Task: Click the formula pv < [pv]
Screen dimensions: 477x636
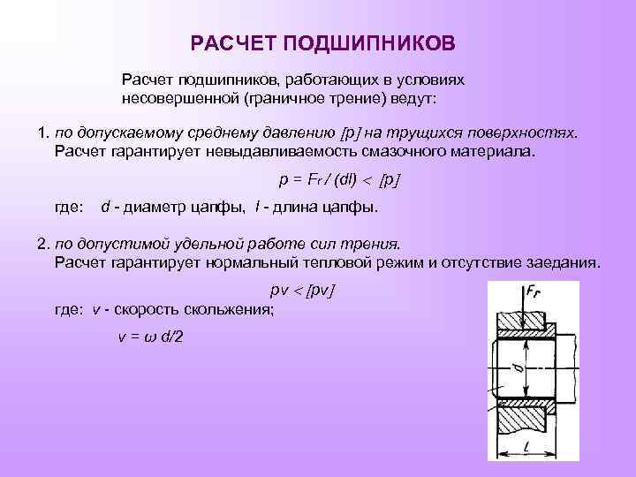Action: (x=303, y=290)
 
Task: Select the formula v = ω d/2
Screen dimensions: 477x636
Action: (x=151, y=337)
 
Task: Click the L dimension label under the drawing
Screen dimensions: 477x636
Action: (x=526, y=450)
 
